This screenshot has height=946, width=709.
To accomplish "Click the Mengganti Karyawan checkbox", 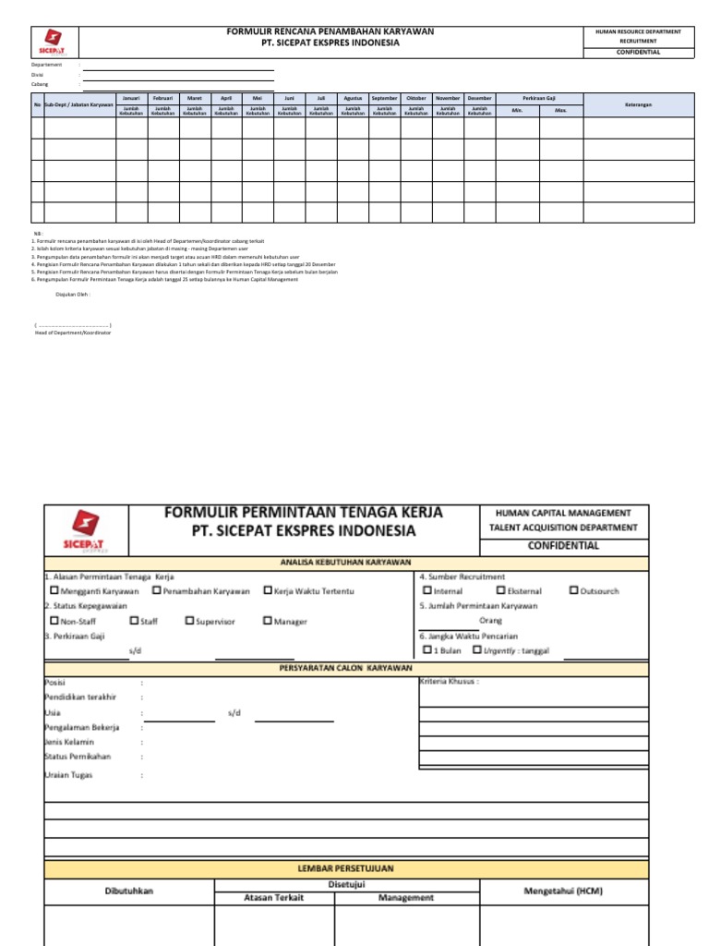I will [54, 590].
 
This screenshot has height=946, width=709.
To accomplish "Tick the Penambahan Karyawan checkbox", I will [157, 590].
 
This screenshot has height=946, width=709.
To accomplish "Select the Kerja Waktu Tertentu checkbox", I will [268, 590].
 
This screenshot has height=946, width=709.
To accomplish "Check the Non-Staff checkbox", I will [54, 622].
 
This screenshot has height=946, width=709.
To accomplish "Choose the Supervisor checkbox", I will [189, 622].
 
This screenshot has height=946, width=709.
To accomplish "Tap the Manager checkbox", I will [268, 622].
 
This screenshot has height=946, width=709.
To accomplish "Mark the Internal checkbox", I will [427, 590].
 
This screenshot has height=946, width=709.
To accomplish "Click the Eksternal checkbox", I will [500, 590].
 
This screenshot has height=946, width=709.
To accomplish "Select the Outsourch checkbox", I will [574, 590].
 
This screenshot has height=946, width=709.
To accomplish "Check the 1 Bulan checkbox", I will [427, 649].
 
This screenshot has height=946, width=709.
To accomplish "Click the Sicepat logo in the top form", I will [54, 42].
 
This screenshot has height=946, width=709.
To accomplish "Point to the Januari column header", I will [131, 98].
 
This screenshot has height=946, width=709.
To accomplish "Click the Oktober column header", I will [416, 98].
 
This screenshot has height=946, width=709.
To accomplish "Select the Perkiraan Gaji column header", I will [539, 98].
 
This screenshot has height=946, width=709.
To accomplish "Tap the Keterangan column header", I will [638, 105].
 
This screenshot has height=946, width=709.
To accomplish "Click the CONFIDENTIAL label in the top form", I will [638, 53].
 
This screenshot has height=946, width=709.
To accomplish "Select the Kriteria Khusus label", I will [450, 682].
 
